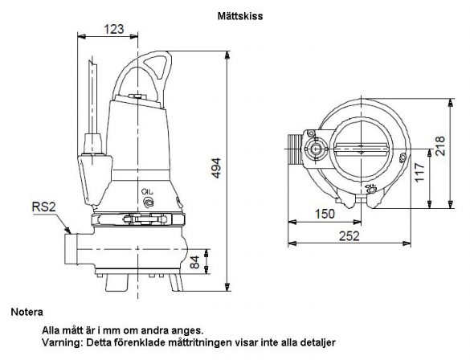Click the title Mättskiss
click(239, 16)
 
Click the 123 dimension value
click(113, 29)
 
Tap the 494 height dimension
click(216, 168)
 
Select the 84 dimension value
click(195, 262)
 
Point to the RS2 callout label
click(43, 207)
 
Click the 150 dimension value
click(325, 214)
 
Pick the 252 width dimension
click(349, 236)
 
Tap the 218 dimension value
click(440, 146)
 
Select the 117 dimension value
click(419, 172)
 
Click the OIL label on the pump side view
click(148, 191)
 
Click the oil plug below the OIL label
click(149, 202)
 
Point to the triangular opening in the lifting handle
click(156, 67)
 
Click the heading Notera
click(27, 312)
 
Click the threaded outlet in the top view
click(295, 149)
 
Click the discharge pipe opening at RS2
click(71, 249)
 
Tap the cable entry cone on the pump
click(96, 181)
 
